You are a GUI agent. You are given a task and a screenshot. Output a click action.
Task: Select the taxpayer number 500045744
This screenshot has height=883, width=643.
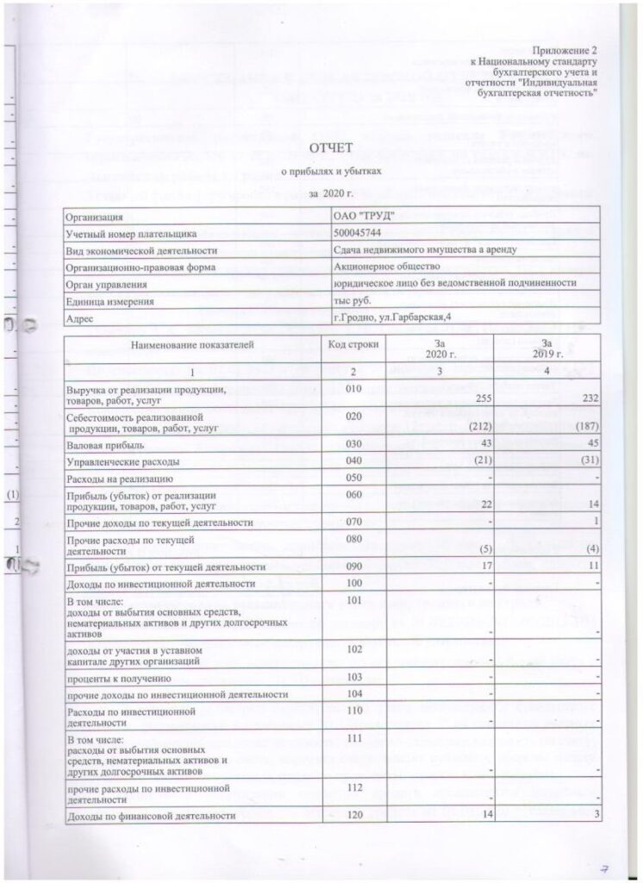click(x=361, y=234)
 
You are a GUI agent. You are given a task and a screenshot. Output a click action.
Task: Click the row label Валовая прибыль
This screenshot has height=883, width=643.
click(x=100, y=445)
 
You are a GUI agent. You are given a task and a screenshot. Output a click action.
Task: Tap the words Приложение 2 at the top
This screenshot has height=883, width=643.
click(x=566, y=54)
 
